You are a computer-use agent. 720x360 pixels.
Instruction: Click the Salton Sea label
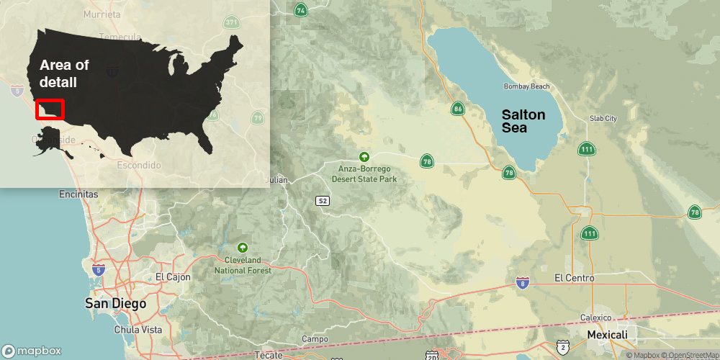[523, 121]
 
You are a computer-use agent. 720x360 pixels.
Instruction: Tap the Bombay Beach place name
[526, 86]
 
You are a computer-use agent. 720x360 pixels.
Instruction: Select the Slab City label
[603, 118]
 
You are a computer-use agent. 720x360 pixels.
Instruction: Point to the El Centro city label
[575, 278]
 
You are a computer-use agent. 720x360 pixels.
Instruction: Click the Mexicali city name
[607, 335]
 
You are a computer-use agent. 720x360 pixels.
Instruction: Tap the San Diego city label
[115, 303]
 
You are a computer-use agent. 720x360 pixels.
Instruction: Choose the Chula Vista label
[138, 330]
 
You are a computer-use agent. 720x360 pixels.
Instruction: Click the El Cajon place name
[173, 276]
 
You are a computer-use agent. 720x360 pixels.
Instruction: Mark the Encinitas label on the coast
[78, 194]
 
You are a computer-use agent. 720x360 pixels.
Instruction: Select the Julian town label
[277, 179]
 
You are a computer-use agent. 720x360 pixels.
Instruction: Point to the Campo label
[315, 339]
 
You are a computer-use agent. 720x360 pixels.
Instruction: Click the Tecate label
[269, 355]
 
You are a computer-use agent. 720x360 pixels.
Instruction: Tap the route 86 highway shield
[458, 109]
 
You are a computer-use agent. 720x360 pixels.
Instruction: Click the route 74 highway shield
[300, 9]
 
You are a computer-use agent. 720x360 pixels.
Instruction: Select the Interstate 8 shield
[523, 284]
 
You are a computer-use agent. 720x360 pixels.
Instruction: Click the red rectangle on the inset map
[50, 109]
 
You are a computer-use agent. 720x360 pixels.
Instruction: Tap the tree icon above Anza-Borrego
[364, 156]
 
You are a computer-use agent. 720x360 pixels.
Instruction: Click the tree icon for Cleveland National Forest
[242, 247]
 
